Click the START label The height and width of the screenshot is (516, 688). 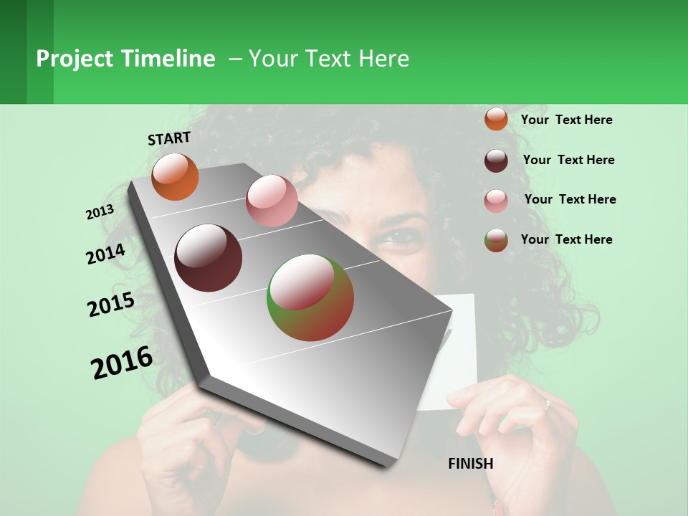[x=169, y=138]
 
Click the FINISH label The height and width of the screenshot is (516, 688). [x=470, y=464]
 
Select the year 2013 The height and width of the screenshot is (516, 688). [x=100, y=212]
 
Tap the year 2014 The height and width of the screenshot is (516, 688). [x=106, y=254]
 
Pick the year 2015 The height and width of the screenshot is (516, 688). [x=111, y=305]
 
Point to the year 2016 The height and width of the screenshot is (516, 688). [x=122, y=362]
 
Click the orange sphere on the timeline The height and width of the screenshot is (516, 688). [x=175, y=177]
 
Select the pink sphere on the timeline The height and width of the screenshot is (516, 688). [x=272, y=201]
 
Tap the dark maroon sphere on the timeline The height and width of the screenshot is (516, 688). [x=209, y=258]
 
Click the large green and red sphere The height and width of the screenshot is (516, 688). [x=310, y=297]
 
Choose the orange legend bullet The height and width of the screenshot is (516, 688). [x=496, y=119]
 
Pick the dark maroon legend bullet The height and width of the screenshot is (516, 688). [x=496, y=161]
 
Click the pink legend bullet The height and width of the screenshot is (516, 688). [x=496, y=201]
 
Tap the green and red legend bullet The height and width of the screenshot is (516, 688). [x=496, y=240]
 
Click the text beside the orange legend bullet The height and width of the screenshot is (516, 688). [x=566, y=120]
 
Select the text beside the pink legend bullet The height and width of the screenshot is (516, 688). [x=570, y=199]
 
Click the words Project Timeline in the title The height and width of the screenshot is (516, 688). [x=125, y=59]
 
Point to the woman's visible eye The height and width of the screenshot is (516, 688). [x=406, y=237]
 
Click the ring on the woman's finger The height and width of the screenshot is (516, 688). [x=547, y=405]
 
